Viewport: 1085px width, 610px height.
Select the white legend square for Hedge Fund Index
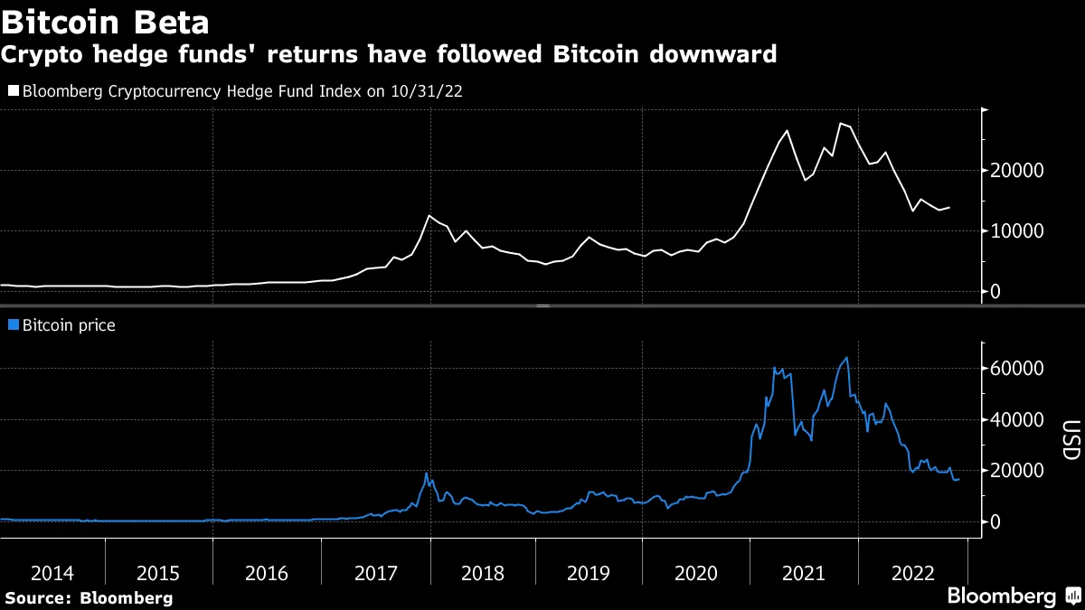click(x=13, y=91)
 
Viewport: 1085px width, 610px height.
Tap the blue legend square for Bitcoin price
click(x=13, y=324)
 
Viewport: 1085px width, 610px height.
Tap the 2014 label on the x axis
click(x=52, y=573)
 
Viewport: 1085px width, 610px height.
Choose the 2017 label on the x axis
click(x=374, y=573)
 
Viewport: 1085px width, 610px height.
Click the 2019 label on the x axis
click(x=589, y=573)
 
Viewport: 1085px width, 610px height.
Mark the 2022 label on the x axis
click(x=911, y=573)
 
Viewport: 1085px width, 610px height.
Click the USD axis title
click(x=1070, y=440)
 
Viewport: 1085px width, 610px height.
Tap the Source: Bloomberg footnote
click(x=89, y=597)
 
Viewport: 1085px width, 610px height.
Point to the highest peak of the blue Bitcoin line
click(x=846, y=358)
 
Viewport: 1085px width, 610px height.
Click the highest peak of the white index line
click(x=841, y=123)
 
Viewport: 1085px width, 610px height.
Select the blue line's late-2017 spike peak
click(x=426, y=474)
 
